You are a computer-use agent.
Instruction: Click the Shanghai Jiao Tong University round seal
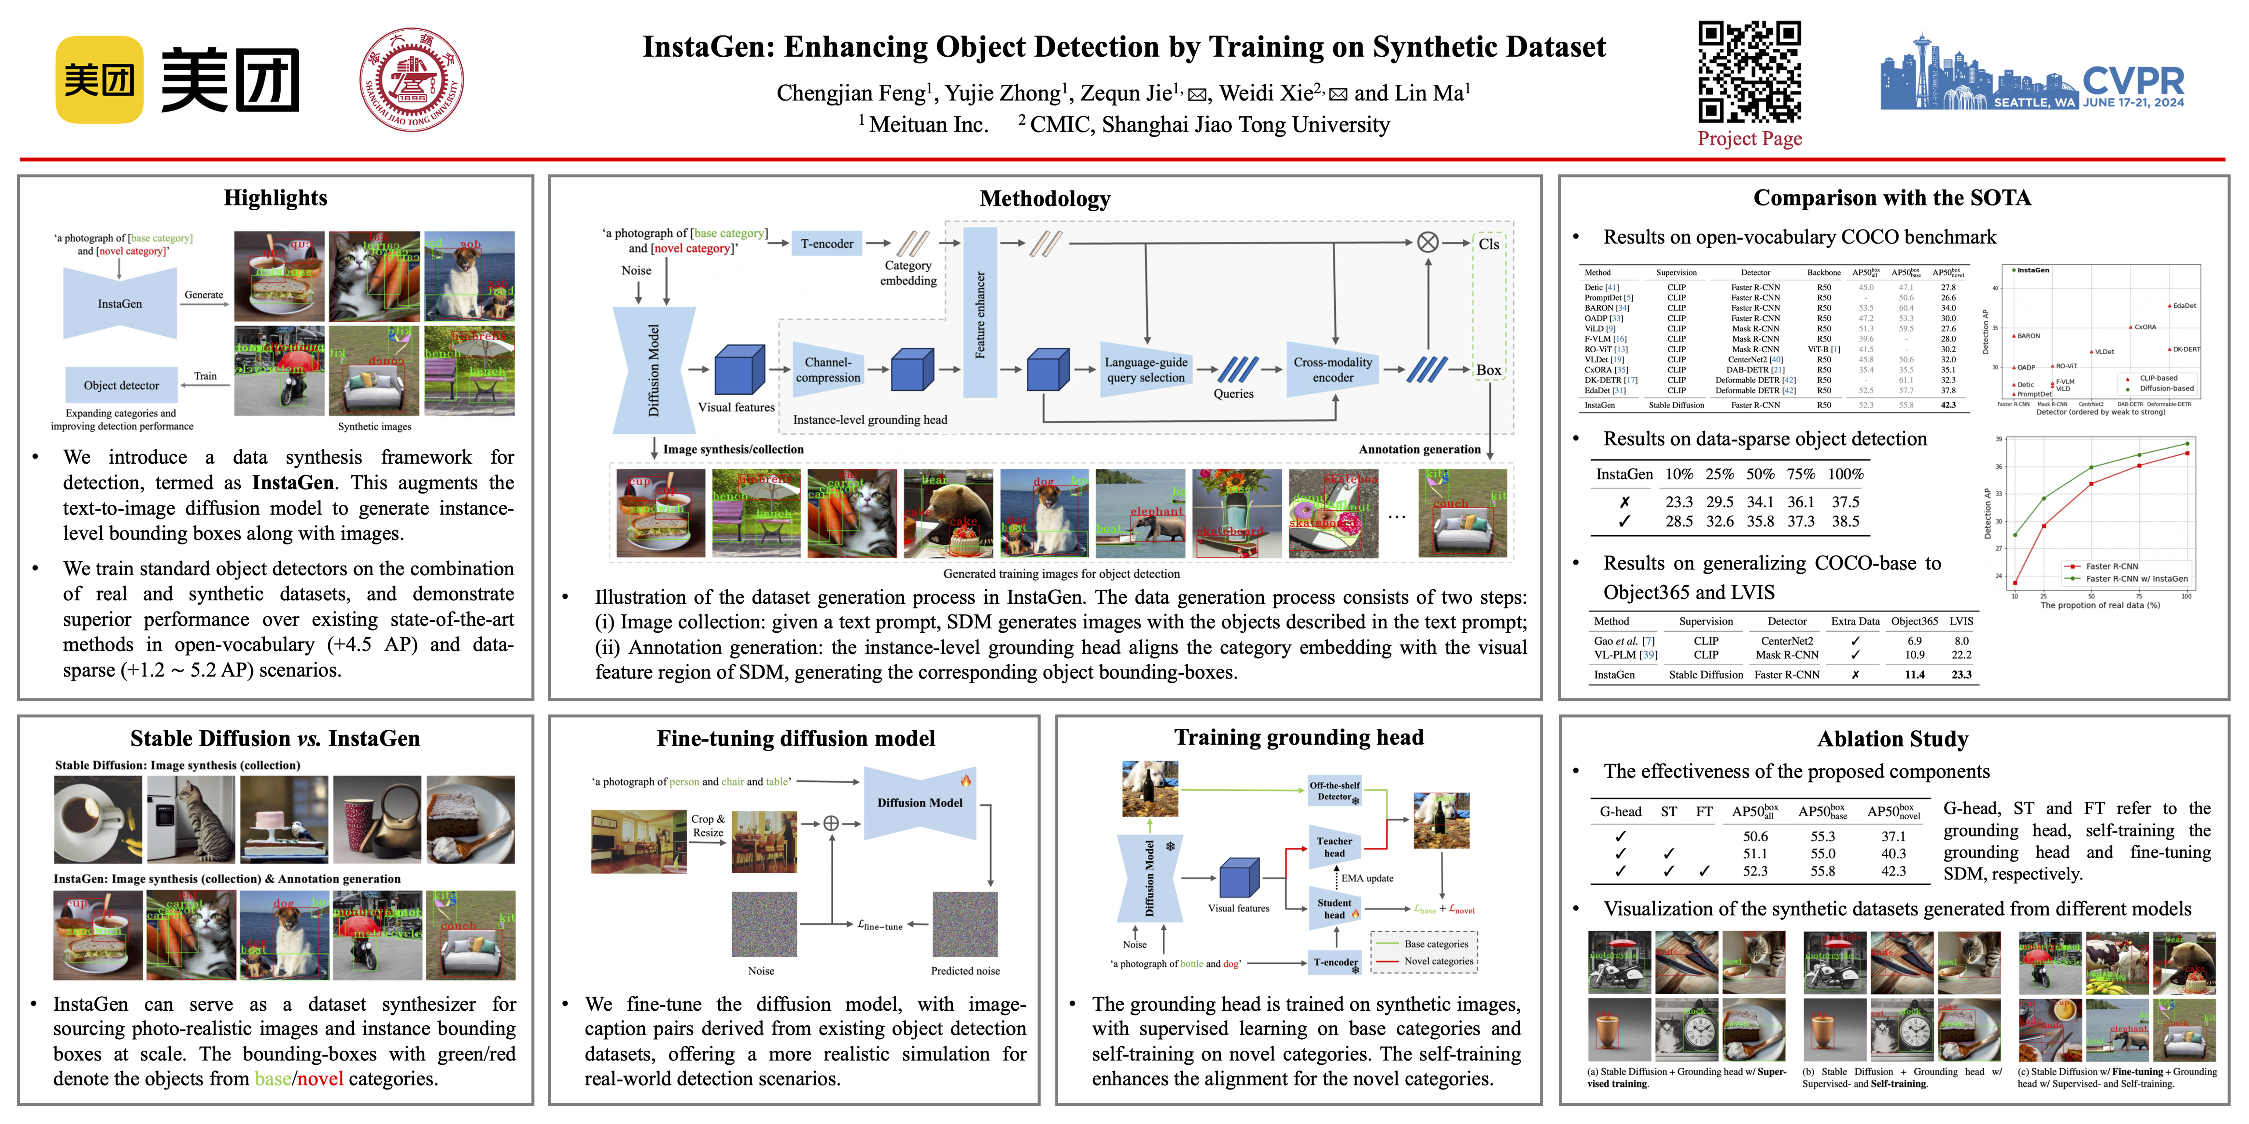pos(411,79)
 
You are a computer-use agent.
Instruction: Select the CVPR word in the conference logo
pos(2133,81)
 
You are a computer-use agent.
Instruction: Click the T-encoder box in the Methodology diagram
pos(827,244)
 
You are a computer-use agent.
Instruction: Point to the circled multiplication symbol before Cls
pos(1428,243)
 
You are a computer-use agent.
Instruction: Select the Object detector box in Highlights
pos(121,385)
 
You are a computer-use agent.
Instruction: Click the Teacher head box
pos(1334,847)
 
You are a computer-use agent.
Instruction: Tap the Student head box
pos(1334,908)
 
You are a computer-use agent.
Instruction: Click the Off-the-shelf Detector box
pos(1334,791)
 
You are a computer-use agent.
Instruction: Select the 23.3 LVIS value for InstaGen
pos(1961,674)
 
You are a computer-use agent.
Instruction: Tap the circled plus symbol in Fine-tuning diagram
pos(831,823)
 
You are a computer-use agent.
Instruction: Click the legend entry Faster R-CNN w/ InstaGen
pos(2136,579)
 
